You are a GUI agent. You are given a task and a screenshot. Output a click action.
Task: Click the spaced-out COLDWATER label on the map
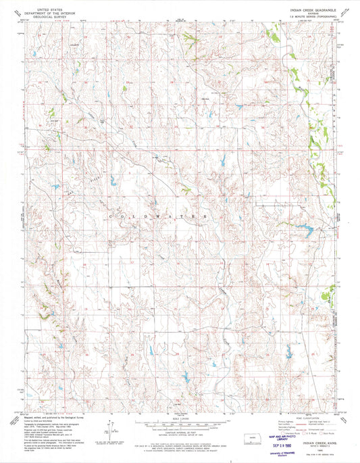[x=159, y=215]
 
